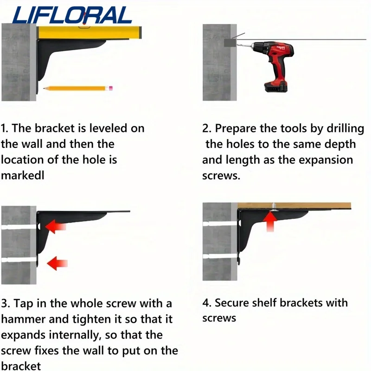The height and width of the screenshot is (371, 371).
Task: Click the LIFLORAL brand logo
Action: (72, 15)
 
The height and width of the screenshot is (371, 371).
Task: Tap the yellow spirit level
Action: (90, 32)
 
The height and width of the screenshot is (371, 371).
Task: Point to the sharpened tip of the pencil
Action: (44, 89)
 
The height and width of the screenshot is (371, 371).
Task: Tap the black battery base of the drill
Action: (275, 87)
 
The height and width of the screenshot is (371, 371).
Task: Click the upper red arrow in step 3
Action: (55, 227)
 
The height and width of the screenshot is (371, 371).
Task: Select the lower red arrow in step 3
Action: (57, 263)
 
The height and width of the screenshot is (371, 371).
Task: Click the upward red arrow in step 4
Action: (270, 222)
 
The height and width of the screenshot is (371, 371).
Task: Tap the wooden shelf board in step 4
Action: (294, 205)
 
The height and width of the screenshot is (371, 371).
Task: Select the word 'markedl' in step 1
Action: (23, 176)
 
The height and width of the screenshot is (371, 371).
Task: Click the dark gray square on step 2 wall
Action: (230, 43)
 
